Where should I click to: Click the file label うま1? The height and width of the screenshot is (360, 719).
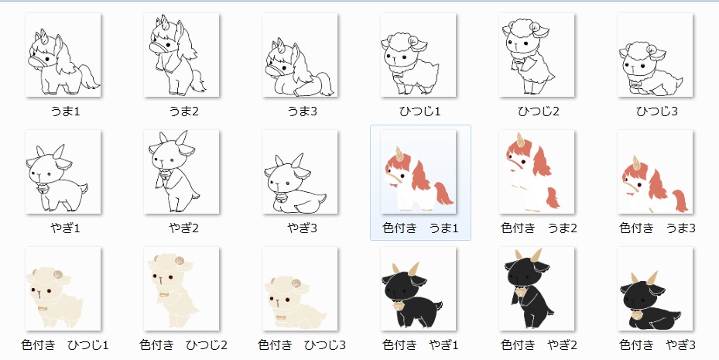(x=65, y=111)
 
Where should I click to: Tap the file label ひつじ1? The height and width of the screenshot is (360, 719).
(x=419, y=111)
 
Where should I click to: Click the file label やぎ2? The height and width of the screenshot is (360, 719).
(x=183, y=228)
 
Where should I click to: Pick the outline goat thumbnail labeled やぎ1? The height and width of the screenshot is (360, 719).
(x=63, y=172)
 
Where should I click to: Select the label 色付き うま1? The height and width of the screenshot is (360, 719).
(x=420, y=228)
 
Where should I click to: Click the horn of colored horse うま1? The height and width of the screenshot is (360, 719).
(x=400, y=153)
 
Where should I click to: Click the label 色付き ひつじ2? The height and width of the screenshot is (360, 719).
(x=183, y=345)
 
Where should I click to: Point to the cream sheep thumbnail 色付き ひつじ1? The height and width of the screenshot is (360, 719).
(x=63, y=288)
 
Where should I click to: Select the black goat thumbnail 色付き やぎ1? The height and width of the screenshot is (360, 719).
(x=419, y=288)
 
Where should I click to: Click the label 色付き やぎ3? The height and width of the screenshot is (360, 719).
(x=657, y=345)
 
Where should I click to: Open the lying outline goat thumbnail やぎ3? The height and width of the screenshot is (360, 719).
(x=300, y=172)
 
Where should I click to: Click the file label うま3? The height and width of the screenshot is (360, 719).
(x=302, y=111)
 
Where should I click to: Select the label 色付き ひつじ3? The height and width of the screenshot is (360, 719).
(x=302, y=345)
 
